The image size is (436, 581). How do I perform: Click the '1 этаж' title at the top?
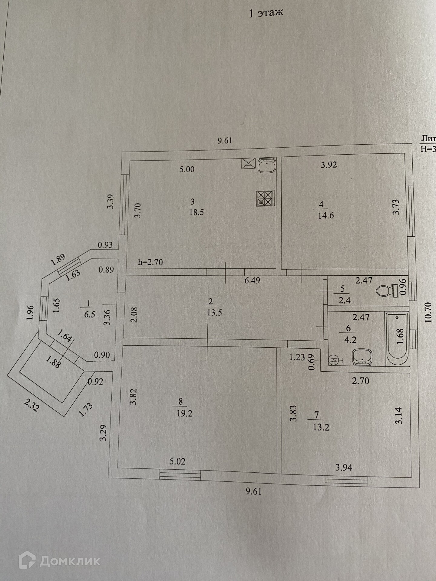(x=266, y=13)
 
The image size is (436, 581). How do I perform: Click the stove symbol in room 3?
(x=266, y=199)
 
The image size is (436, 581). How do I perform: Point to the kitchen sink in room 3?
(x=267, y=166)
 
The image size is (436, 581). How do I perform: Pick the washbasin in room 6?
(x=362, y=357)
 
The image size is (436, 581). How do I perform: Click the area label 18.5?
(x=196, y=212)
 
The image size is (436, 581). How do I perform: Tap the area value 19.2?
(x=184, y=413)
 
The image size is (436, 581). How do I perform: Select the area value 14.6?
(x=326, y=216)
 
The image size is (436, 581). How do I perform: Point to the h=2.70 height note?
(x=150, y=262)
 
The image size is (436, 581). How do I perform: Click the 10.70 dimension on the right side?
(x=428, y=313)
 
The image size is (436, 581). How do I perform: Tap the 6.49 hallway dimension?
(x=252, y=281)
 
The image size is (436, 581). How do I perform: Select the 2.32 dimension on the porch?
(x=32, y=405)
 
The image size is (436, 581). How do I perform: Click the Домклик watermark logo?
(x=59, y=561)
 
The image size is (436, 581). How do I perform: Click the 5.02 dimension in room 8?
(x=177, y=461)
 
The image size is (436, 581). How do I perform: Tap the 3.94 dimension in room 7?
(x=344, y=468)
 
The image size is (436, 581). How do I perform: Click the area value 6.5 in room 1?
(x=90, y=314)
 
